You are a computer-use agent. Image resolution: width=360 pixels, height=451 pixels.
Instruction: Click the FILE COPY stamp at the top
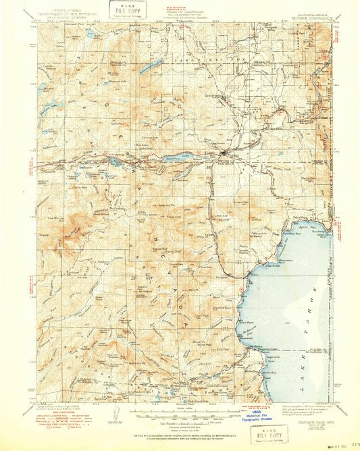(123, 11)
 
